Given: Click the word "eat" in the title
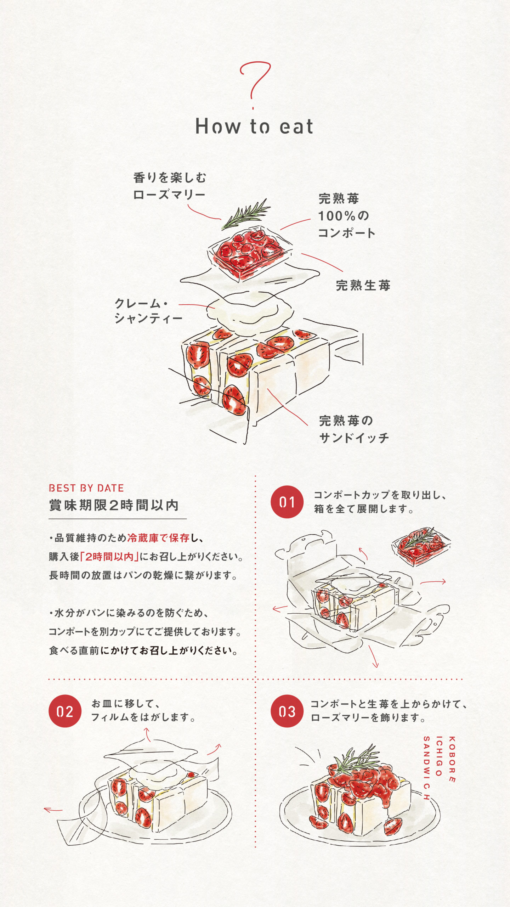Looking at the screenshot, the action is [296, 127].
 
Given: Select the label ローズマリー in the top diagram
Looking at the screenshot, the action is [169, 195].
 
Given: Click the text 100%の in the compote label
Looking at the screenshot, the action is [343, 216].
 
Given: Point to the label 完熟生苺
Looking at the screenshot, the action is [363, 285].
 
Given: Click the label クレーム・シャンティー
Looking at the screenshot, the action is [148, 311].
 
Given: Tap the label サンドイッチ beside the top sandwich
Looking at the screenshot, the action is [354, 438].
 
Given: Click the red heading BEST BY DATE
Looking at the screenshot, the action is [86, 488].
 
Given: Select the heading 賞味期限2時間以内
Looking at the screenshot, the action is [114, 505].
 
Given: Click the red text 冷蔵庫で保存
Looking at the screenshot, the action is [158, 538].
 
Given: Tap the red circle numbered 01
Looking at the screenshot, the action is [287, 502].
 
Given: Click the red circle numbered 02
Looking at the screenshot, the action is [65, 711].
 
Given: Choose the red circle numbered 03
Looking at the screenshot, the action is [287, 711].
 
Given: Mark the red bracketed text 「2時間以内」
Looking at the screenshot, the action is [109, 557].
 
